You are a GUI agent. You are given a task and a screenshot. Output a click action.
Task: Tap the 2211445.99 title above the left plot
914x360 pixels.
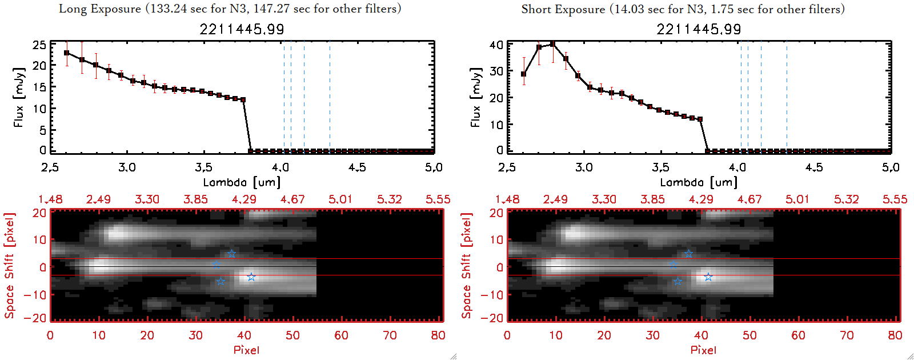242,29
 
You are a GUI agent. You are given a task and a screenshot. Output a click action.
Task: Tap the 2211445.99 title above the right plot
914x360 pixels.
699,29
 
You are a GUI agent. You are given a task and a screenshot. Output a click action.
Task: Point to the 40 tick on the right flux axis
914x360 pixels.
496,45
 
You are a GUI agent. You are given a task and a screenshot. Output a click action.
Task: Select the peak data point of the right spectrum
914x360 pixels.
552,44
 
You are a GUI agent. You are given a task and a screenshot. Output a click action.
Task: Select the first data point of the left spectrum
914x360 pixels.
67,53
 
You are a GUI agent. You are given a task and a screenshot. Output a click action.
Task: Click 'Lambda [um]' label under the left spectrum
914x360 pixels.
242,182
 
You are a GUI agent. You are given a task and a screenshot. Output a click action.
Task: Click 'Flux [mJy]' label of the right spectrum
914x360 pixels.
475,97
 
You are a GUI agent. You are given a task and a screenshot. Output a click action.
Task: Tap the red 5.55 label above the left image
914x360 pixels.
438,199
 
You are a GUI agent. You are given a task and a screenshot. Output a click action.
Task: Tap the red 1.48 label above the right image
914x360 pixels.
507,199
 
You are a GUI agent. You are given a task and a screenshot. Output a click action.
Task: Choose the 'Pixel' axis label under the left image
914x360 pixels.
246,350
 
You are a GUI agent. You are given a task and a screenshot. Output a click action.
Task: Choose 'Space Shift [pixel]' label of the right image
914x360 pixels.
467,266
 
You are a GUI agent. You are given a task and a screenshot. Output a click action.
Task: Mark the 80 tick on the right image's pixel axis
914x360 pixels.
895,335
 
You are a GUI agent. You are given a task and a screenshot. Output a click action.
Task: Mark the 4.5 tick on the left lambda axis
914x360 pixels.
357,167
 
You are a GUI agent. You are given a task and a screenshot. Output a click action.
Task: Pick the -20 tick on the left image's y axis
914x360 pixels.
39,318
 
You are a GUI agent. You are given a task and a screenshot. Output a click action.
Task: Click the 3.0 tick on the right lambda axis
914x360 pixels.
584,167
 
